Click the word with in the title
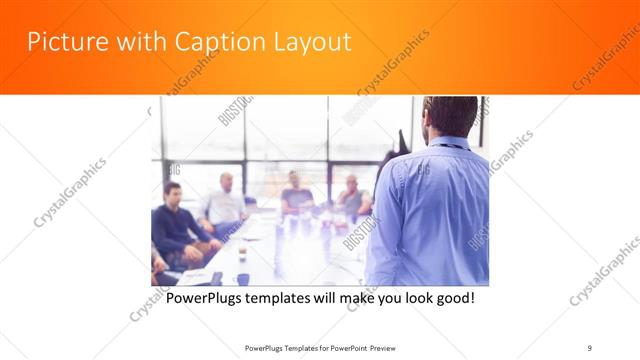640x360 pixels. pyautogui.click(x=138, y=42)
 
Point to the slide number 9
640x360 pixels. pyautogui.click(x=590, y=348)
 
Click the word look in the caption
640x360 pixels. pyautogui.click(x=410, y=298)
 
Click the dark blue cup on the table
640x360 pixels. pyautogui.click(x=242, y=279)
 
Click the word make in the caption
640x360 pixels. pyautogui.click(x=344, y=298)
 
